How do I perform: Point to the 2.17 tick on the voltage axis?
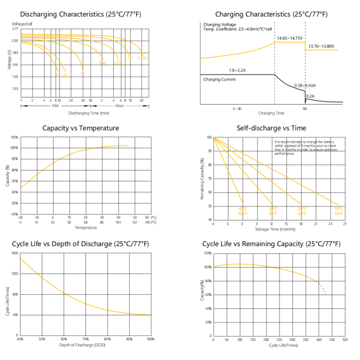pos(15,29)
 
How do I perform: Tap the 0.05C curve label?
pos(143,58)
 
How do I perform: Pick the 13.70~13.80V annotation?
pos(321,46)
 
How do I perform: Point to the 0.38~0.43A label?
pos(305,86)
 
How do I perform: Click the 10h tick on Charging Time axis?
pos(304,109)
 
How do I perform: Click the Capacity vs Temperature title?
pos(81,128)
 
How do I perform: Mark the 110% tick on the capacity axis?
pos(14,137)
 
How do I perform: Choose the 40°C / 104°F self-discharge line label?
pos(242,211)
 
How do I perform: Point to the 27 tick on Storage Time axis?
pos(345,224)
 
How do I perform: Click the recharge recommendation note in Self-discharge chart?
pos(302,147)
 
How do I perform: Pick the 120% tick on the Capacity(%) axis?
pos(208,253)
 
